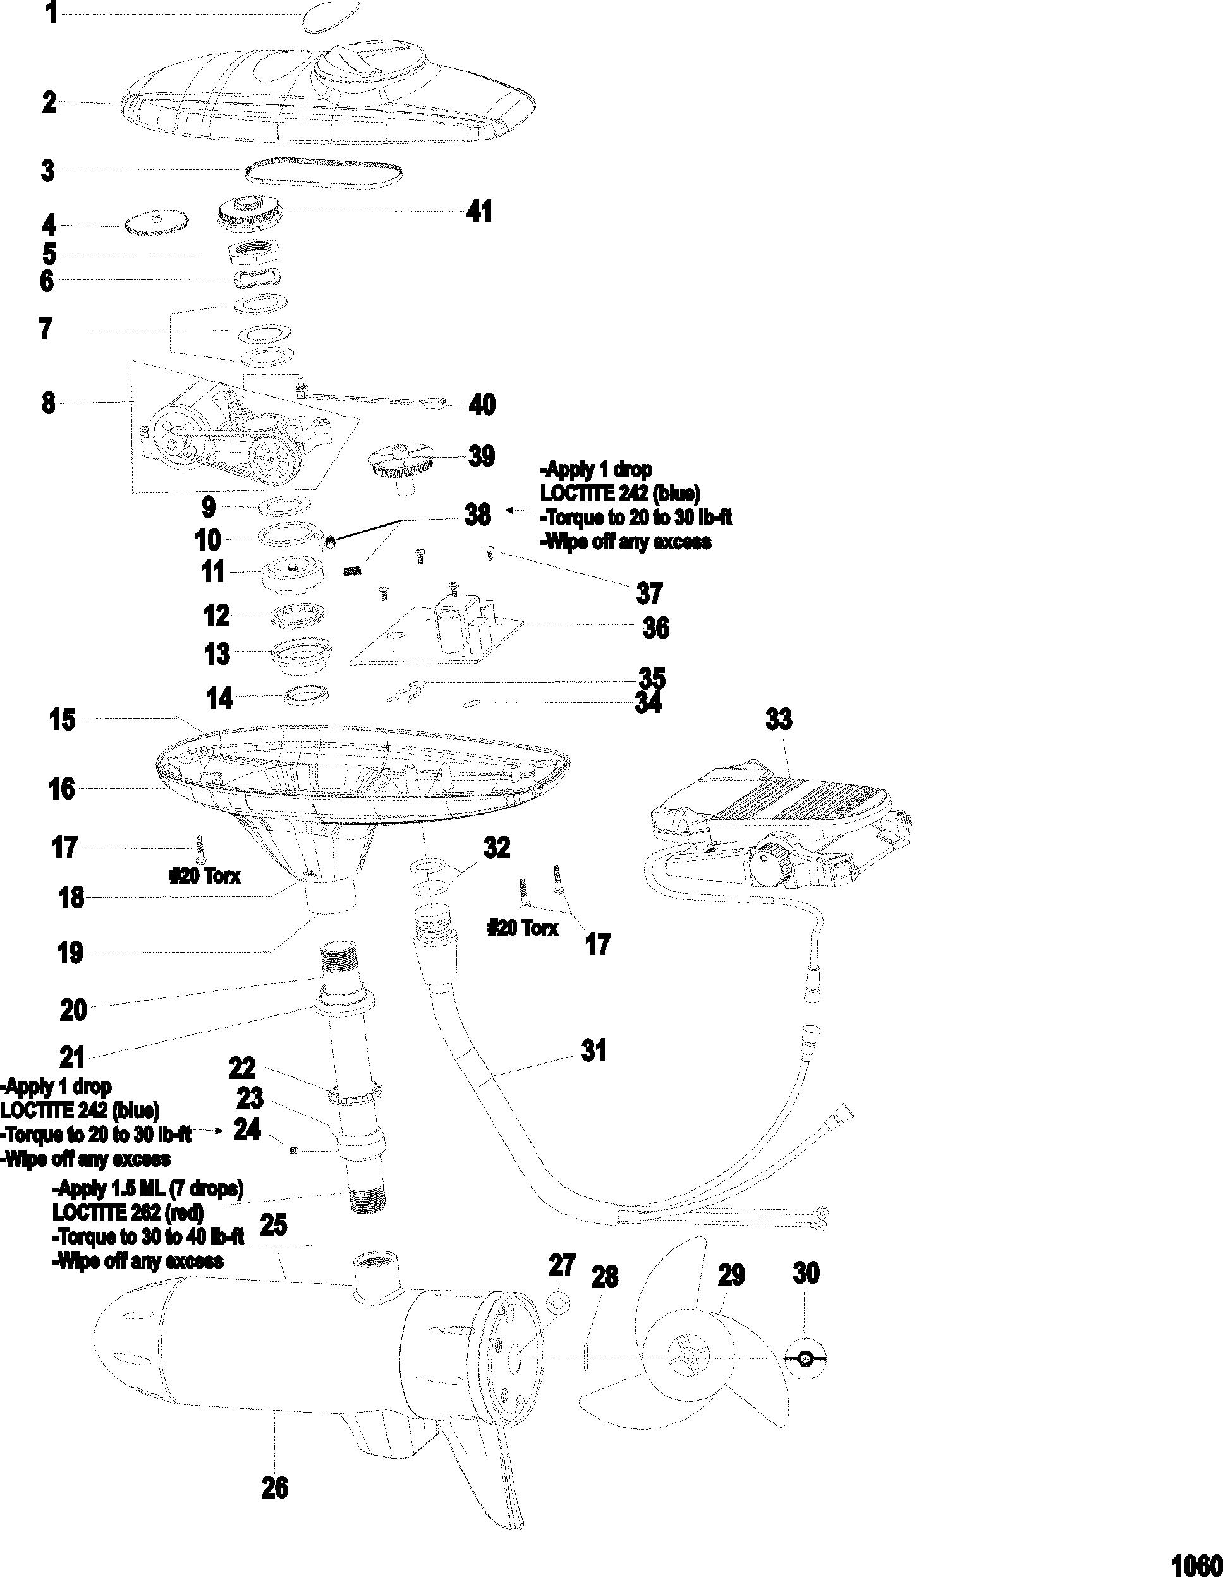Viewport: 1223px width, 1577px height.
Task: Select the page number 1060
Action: tap(1195, 1563)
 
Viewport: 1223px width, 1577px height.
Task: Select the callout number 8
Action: tap(49, 402)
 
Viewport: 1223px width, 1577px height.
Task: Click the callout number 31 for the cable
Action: tap(594, 1050)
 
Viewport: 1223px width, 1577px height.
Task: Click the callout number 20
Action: tap(73, 1009)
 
